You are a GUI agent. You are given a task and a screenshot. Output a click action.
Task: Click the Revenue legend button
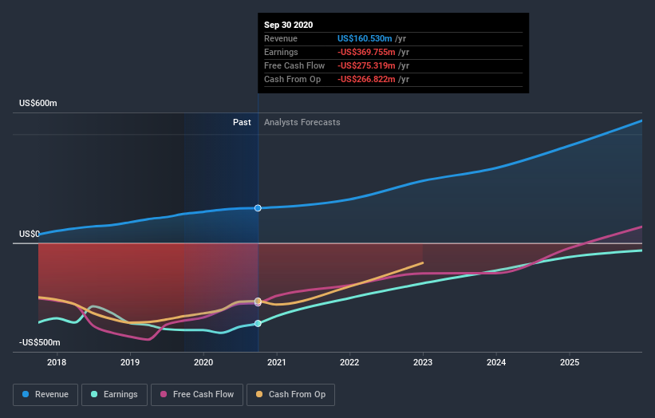click(x=45, y=394)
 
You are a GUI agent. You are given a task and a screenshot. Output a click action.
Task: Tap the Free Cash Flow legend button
click(x=196, y=394)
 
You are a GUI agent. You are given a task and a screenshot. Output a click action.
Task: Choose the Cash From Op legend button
click(x=290, y=394)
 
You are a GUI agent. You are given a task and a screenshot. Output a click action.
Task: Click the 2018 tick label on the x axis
click(x=57, y=362)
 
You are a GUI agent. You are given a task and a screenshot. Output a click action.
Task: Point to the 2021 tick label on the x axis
click(x=276, y=362)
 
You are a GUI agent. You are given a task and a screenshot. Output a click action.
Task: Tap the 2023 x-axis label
click(x=423, y=362)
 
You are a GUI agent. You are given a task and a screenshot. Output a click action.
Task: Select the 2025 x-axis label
click(x=570, y=362)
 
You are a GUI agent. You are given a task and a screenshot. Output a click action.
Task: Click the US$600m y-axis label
click(x=38, y=104)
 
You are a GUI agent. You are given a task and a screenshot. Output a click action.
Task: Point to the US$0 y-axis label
click(x=30, y=234)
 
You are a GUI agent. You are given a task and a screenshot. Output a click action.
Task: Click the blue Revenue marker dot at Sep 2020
click(x=258, y=208)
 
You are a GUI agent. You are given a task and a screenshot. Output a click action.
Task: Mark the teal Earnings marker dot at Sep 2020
click(x=258, y=323)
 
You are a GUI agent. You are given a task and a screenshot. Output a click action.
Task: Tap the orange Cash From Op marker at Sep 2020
click(x=258, y=302)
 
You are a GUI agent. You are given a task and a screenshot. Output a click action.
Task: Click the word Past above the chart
click(x=242, y=122)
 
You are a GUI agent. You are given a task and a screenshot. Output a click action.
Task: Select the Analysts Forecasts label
click(x=302, y=122)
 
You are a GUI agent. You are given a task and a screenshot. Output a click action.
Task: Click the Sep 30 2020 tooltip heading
click(x=289, y=25)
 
